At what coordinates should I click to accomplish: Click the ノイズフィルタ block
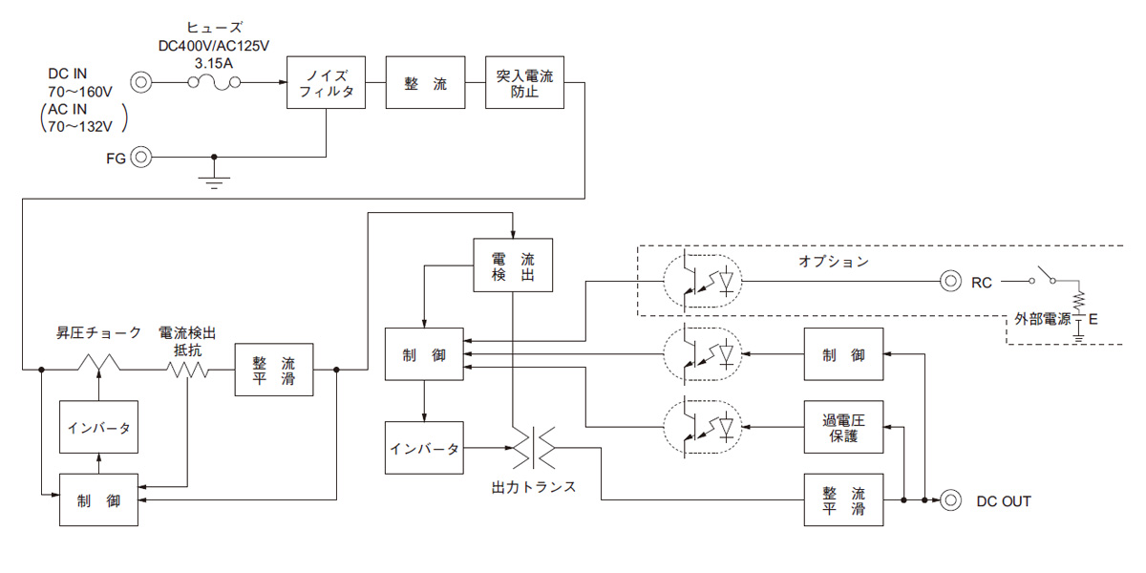pos(327,84)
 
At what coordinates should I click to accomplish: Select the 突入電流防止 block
pos(524,82)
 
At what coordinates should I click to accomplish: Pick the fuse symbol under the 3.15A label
pos(214,83)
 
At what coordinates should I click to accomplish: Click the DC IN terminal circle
pos(140,82)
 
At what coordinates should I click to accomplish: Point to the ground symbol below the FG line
pos(214,180)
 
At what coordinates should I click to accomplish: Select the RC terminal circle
pos(950,282)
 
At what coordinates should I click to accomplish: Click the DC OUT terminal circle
pos(950,499)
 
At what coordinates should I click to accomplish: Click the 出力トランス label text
pos(534,487)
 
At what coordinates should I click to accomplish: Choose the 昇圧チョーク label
pos(98,333)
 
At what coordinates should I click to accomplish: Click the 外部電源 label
pos(1041,320)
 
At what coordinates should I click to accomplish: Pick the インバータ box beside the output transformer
pos(424,448)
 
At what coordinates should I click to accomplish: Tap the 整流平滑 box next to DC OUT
pos(844,499)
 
